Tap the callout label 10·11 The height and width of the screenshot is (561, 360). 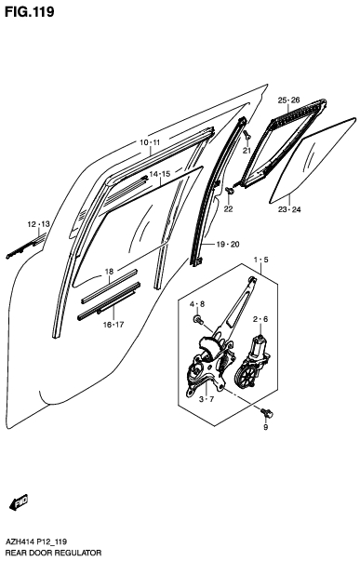pyautogui.click(x=150, y=142)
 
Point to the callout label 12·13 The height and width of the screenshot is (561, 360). pyautogui.click(x=38, y=224)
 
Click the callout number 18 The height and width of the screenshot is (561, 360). pyautogui.click(x=109, y=272)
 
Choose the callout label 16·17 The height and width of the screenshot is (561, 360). pyautogui.click(x=113, y=324)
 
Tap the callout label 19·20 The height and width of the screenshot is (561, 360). pyautogui.click(x=228, y=244)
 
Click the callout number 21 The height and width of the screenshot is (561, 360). pyautogui.click(x=247, y=151)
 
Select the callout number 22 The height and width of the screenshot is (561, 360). pyautogui.click(x=228, y=209)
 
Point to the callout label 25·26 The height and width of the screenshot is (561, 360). pyautogui.click(x=288, y=100)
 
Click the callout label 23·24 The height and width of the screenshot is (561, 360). pyautogui.click(x=289, y=210)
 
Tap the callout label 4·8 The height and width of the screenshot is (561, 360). pyautogui.click(x=198, y=304)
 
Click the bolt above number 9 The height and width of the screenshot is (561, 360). pyautogui.click(x=268, y=410)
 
